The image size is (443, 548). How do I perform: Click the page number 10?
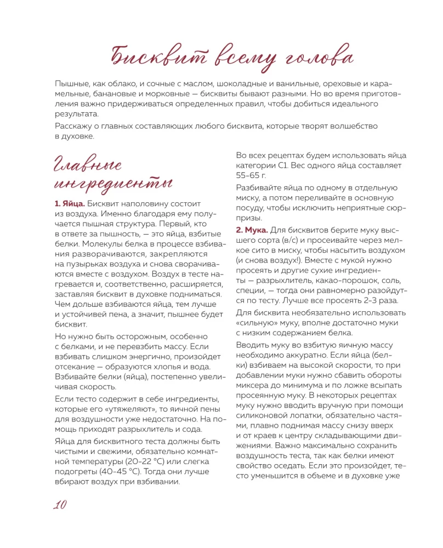pos(60,505)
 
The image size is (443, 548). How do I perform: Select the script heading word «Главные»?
pos(88,164)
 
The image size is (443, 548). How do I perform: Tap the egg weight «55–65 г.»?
pos(251,175)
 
